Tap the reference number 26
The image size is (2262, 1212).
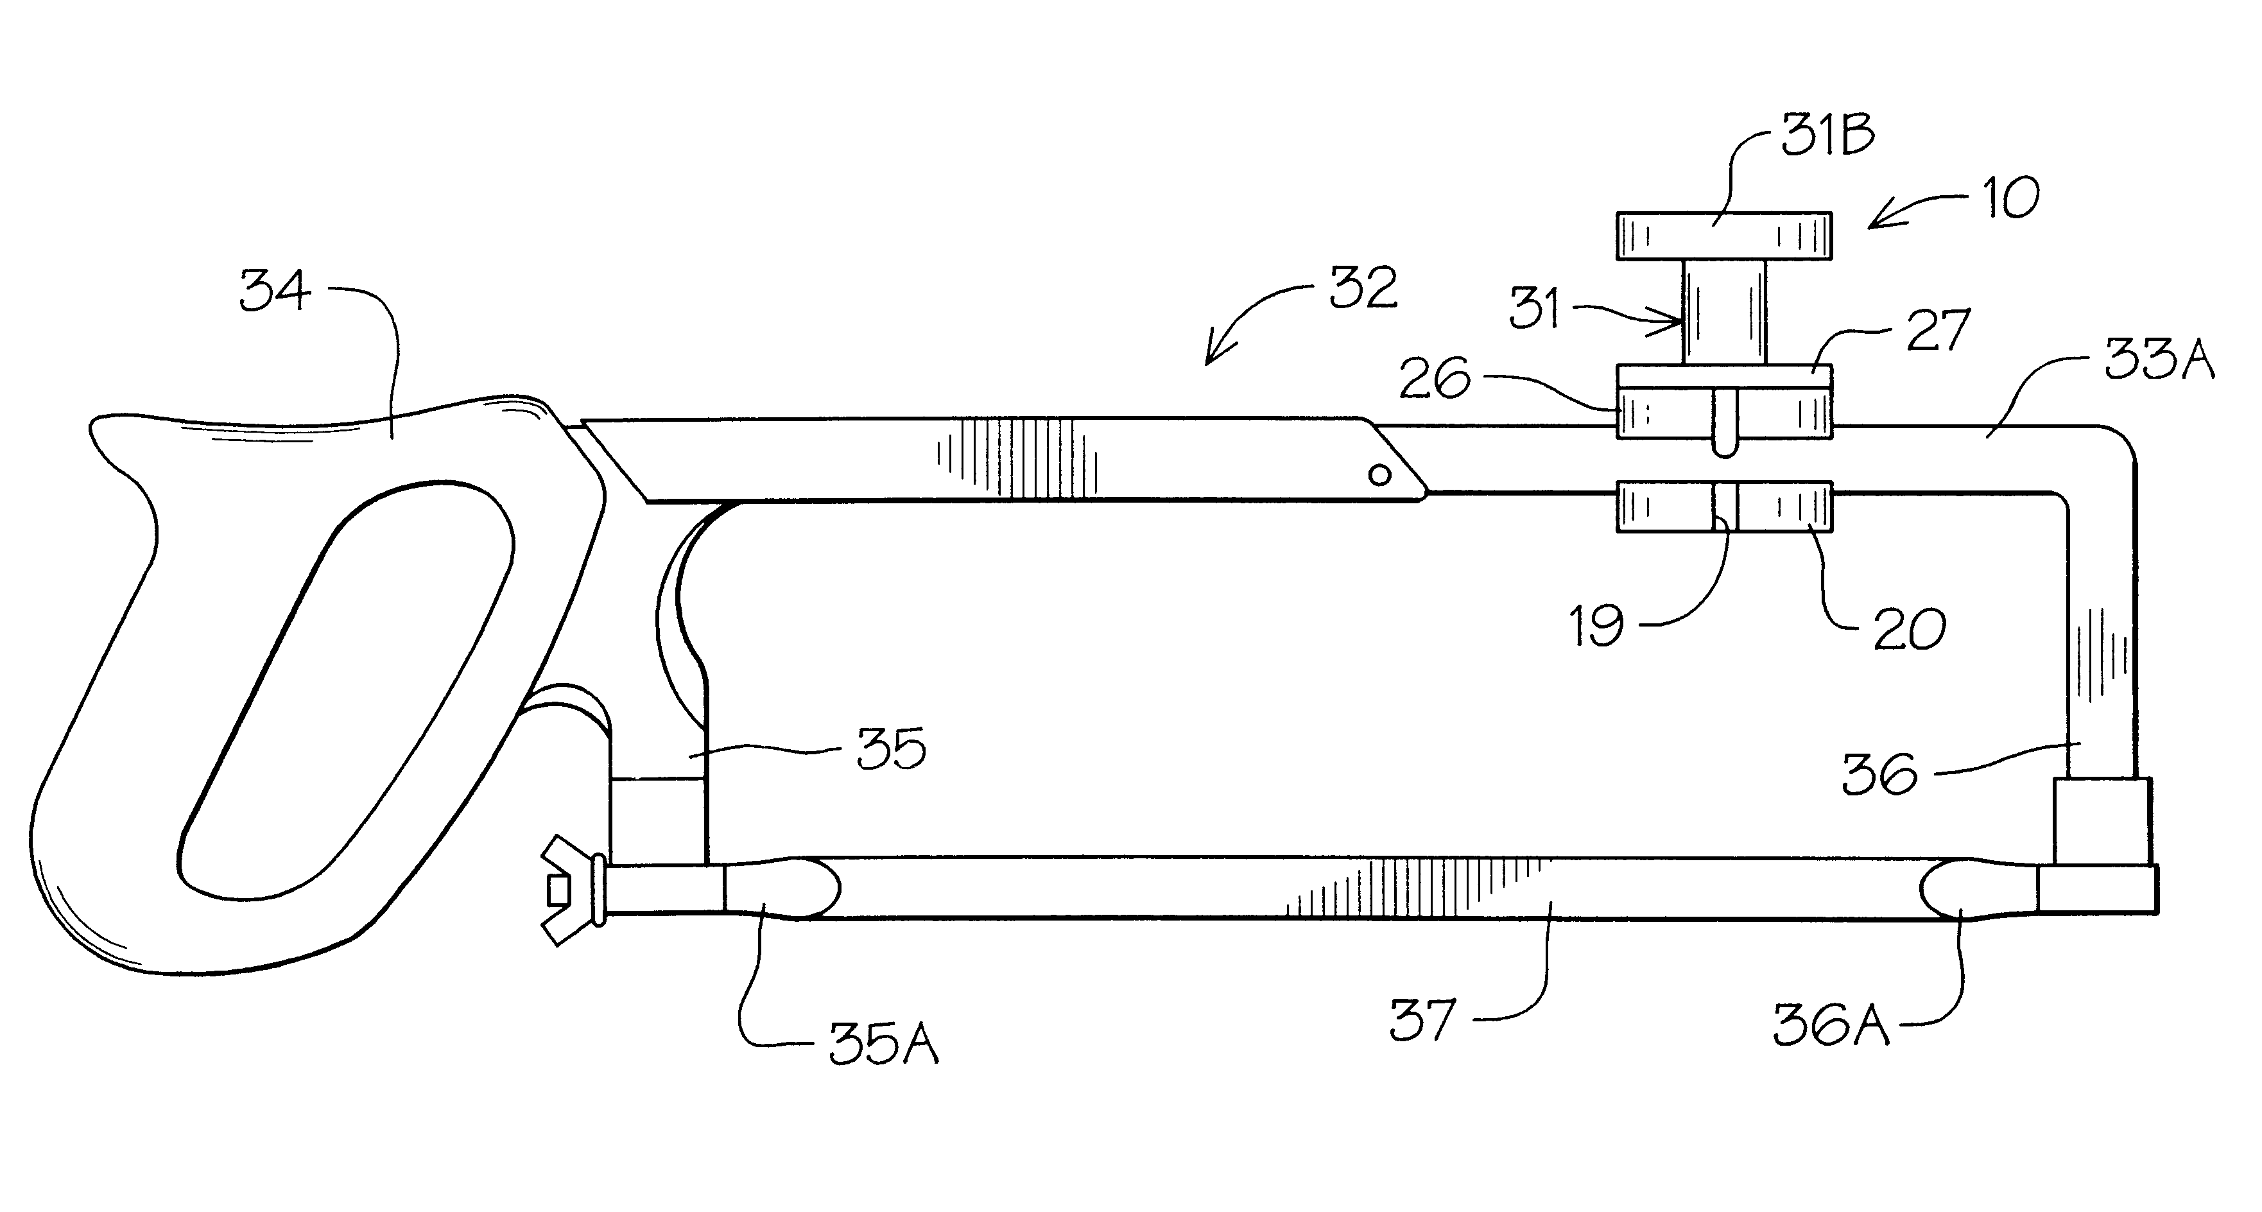[x=1435, y=379]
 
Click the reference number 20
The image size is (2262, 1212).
[x=1910, y=630]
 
